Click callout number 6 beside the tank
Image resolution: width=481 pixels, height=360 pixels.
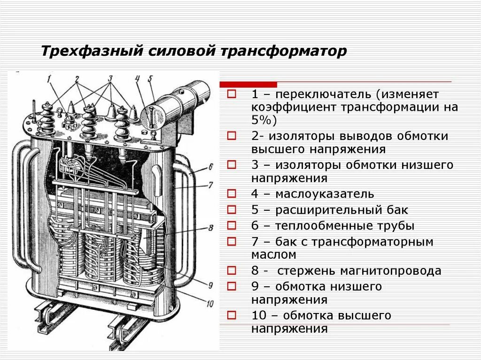click(210, 166)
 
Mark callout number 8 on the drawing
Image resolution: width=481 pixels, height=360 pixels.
click(210, 228)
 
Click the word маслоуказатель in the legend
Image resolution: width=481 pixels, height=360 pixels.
click(325, 194)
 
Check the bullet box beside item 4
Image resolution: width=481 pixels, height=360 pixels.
click(231, 193)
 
